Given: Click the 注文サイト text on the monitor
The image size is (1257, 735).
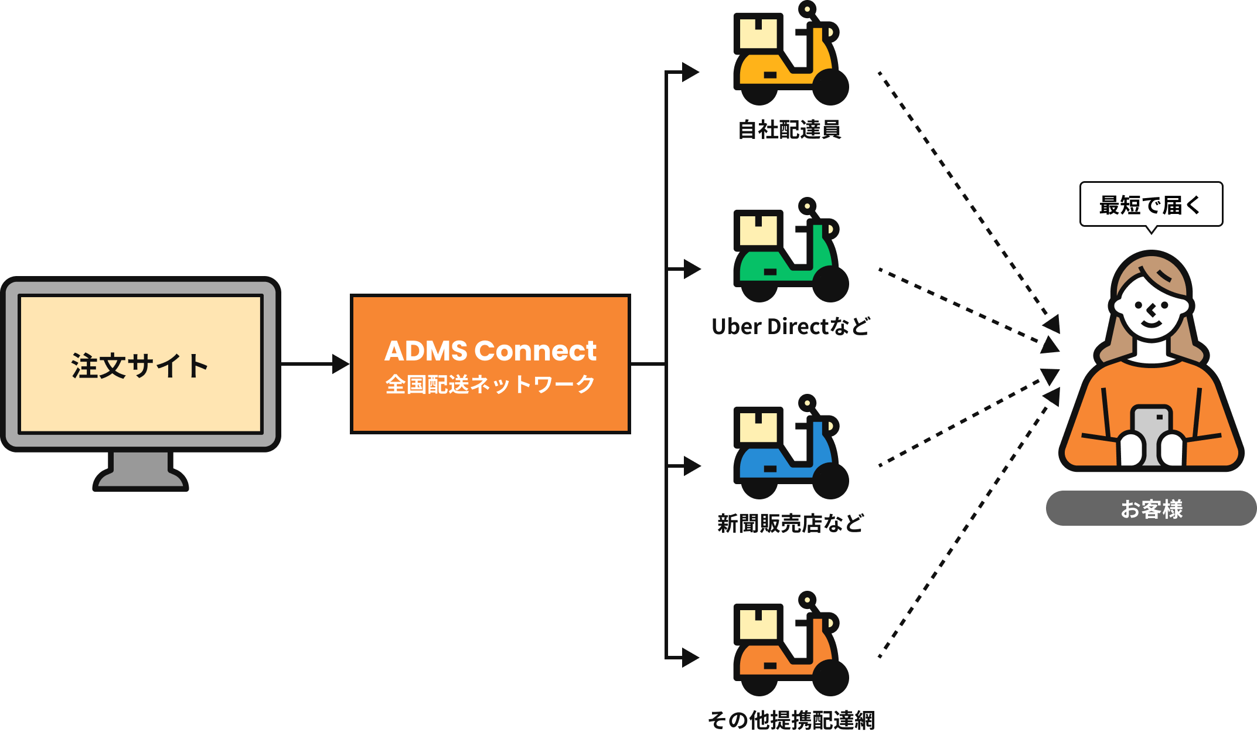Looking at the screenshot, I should (x=140, y=366).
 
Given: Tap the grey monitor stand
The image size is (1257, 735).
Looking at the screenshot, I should (x=141, y=471).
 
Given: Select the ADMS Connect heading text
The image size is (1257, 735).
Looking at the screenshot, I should (x=490, y=351).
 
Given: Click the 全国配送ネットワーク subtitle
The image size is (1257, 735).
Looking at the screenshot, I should (x=490, y=384).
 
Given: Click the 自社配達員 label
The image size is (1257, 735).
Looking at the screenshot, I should (x=790, y=130).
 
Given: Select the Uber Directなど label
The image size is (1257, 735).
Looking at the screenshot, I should (x=791, y=326).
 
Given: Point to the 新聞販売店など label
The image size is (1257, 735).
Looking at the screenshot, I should (x=791, y=523).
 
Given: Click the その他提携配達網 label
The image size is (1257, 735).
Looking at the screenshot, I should (x=791, y=720).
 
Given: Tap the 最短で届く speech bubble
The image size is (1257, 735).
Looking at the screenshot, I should (x=1151, y=205).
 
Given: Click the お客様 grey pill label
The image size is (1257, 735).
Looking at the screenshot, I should (x=1151, y=508).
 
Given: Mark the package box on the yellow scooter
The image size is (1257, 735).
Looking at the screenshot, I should (x=758, y=33).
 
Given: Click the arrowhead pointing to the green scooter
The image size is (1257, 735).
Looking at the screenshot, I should (x=692, y=269).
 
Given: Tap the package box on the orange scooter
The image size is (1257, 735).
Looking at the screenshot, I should (x=758, y=624).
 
